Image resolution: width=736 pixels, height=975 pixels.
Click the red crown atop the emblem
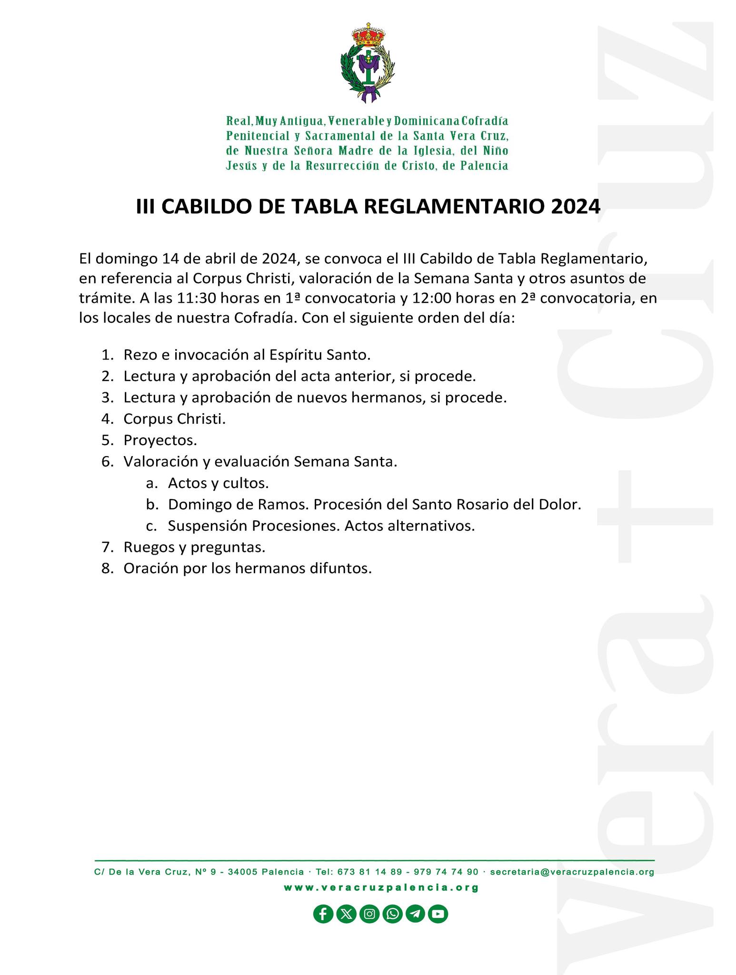tap(368, 35)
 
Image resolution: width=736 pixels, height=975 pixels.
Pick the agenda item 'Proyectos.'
tap(160, 440)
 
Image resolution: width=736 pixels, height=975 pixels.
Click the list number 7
tap(107, 547)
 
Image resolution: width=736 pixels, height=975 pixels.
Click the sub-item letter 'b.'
tap(151, 505)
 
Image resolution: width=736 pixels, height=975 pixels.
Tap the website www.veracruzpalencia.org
tap(381, 887)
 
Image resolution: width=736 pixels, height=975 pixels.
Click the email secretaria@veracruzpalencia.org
tap(572, 872)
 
